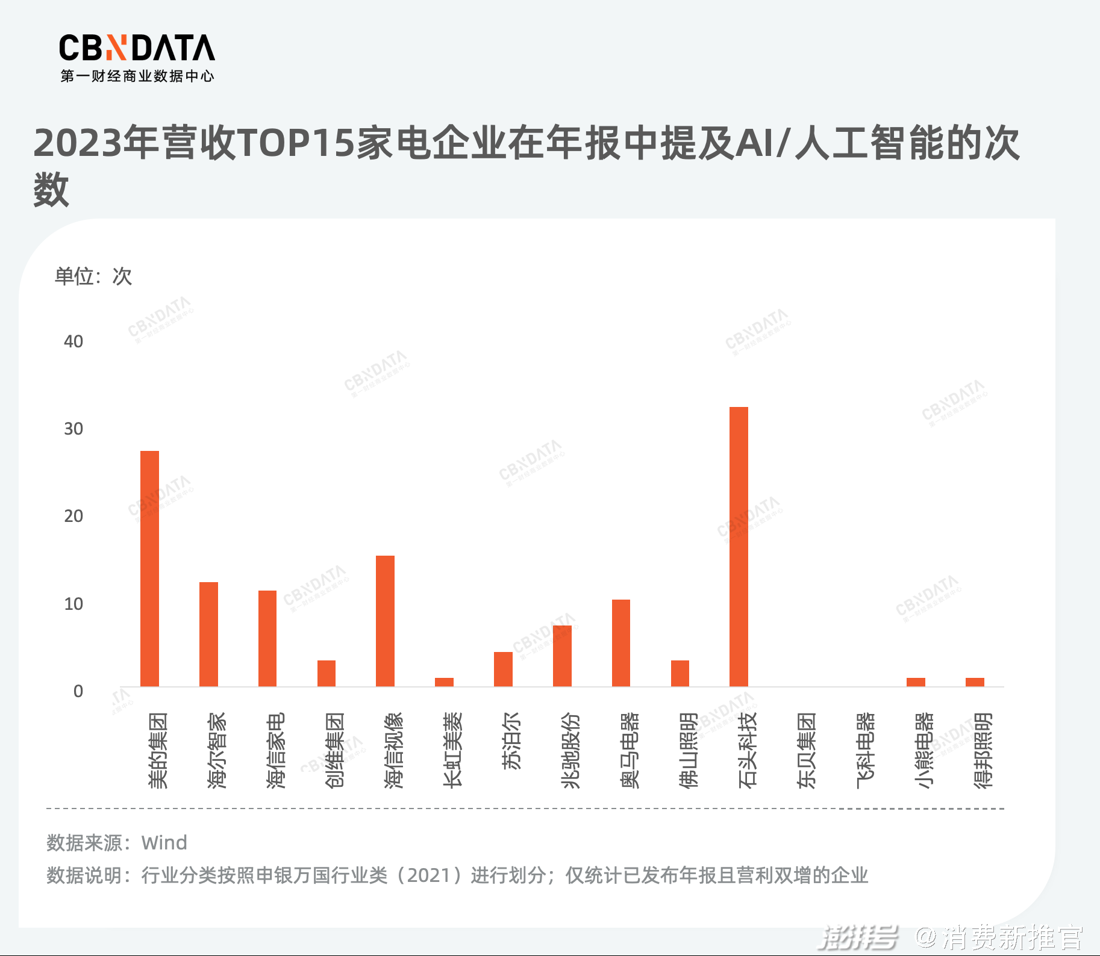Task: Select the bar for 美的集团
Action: click(149, 568)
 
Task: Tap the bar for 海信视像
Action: click(385, 621)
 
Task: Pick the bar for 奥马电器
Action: click(620, 643)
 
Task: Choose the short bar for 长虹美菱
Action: click(444, 682)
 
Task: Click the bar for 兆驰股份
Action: click(562, 656)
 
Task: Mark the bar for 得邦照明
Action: click(975, 682)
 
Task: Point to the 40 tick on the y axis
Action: click(73, 341)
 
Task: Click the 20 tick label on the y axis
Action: click(73, 516)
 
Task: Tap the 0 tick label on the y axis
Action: click(78, 691)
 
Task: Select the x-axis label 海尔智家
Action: click(216, 750)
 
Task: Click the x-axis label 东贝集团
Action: click(806, 750)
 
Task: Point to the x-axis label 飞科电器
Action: click(865, 750)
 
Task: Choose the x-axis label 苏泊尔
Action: click(511, 741)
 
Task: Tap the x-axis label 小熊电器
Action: click(923, 750)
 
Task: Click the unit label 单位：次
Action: click(93, 276)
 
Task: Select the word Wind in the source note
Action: click(164, 842)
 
